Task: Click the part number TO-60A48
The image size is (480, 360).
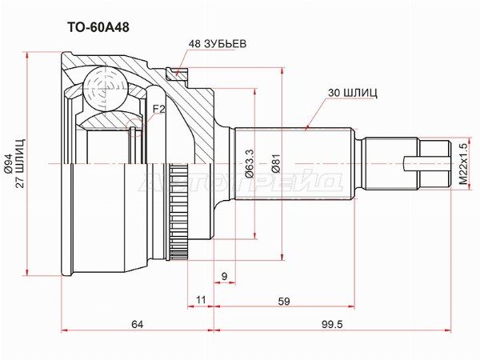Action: tap(98, 27)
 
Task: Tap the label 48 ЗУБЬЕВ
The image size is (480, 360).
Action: tap(218, 44)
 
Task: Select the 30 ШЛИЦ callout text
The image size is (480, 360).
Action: tap(353, 93)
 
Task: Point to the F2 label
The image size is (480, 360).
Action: tap(159, 109)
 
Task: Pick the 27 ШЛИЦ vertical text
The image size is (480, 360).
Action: tap(21, 164)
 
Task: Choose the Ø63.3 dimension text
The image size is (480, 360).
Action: tap(249, 164)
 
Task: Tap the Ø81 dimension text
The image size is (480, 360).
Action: tap(277, 164)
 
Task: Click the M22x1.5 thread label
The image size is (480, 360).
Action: tap(464, 164)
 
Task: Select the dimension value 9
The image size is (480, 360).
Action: tap(224, 277)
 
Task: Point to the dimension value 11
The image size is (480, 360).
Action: tap(201, 300)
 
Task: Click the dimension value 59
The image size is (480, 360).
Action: tap(284, 302)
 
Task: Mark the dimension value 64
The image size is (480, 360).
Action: tap(138, 324)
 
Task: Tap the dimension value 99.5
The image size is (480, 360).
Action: tap(332, 324)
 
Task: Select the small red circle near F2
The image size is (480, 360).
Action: tap(134, 127)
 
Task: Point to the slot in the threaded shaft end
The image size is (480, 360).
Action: tap(426, 164)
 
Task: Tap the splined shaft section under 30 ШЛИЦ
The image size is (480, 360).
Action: tap(294, 164)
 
